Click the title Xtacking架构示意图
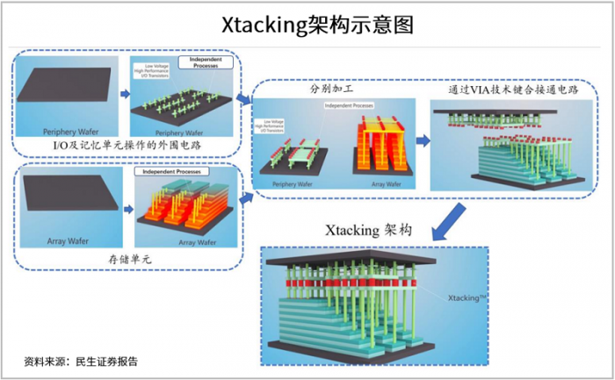click(307, 22)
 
